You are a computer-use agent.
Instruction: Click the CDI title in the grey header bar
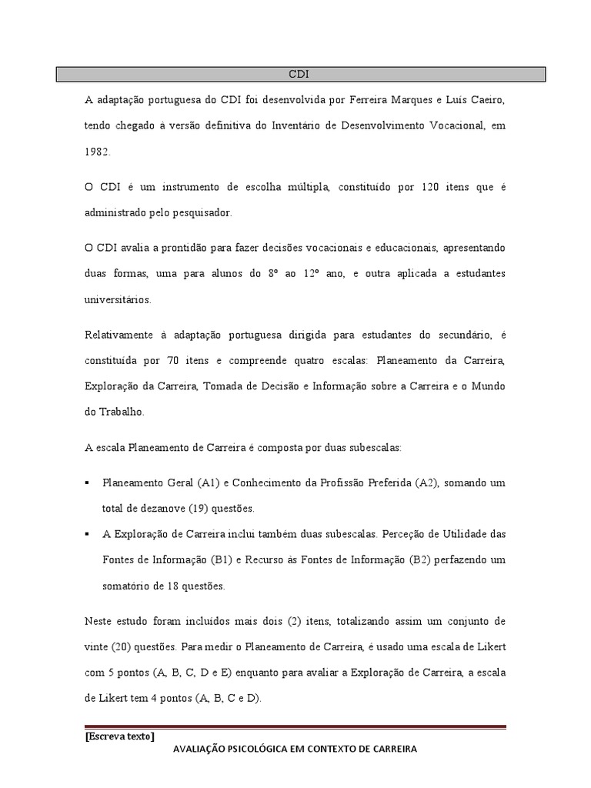(299, 75)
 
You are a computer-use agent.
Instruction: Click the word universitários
(118, 299)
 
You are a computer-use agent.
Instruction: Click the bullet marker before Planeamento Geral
(87, 483)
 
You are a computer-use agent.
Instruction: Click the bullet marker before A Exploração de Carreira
(87, 534)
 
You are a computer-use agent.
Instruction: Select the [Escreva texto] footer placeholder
(119, 736)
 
